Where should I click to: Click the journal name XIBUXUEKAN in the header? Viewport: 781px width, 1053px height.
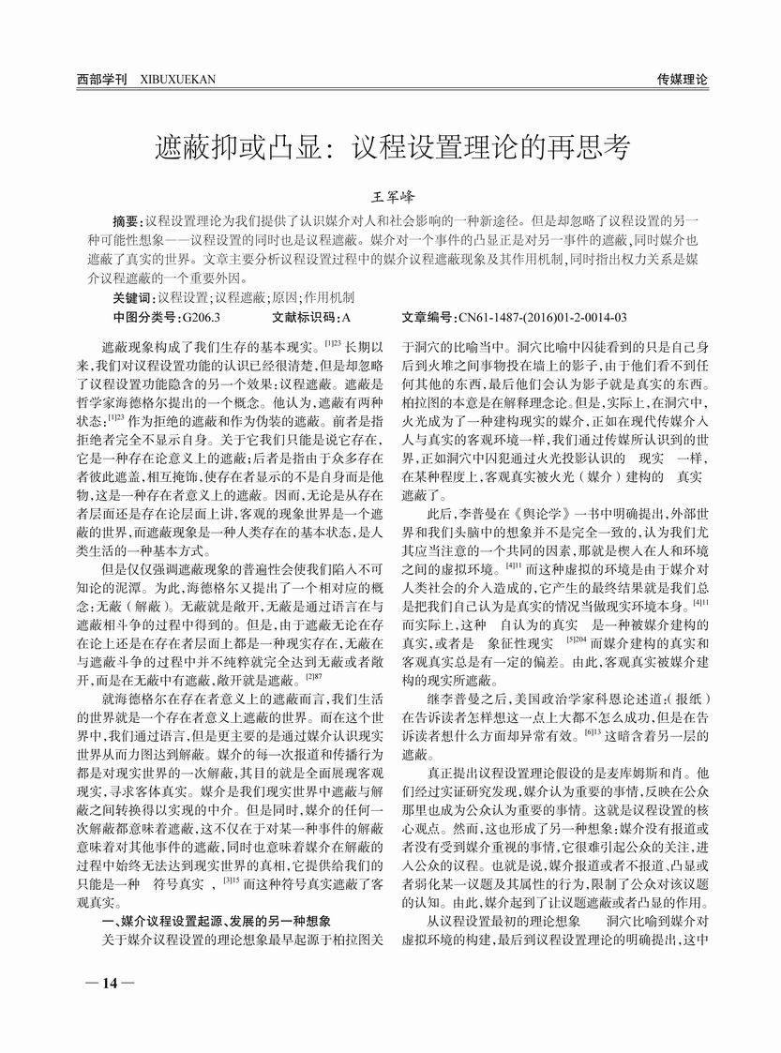click(x=177, y=80)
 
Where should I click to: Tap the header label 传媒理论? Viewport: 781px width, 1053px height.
click(x=683, y=80)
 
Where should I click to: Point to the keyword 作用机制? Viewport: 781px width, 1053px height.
click(x=331, y=297)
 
